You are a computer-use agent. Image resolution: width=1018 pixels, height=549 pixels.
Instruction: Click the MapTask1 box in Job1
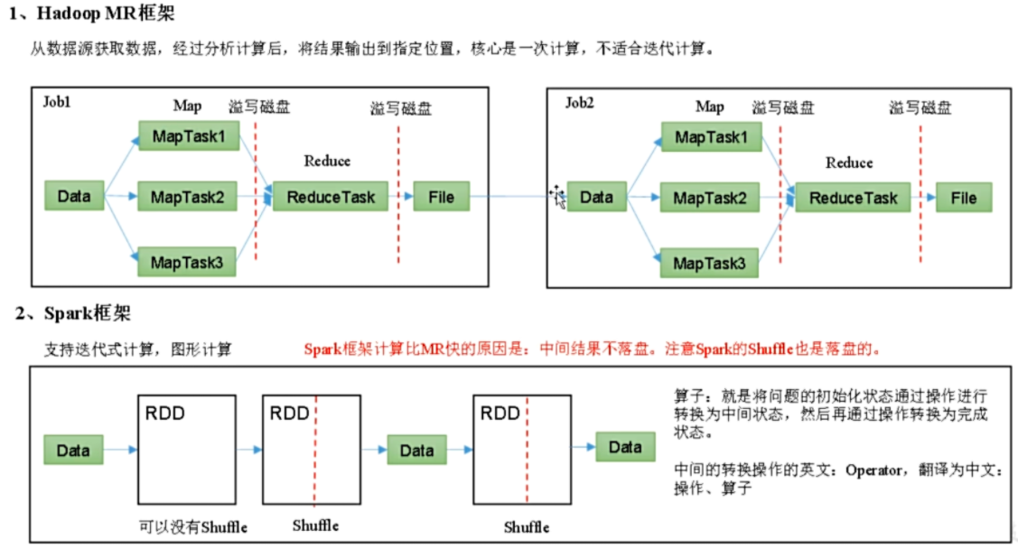tap(188, 135)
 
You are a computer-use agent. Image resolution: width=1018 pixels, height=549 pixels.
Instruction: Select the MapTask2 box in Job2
tap(710, 198)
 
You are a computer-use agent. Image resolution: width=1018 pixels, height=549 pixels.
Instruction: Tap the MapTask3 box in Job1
tap(188, 262)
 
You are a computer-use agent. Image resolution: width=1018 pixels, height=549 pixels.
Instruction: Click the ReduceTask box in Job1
tap(331, 196)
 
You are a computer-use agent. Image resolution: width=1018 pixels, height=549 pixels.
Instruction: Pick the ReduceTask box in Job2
tap(853, 198)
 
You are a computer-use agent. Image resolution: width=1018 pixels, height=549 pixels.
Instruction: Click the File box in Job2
tap(963, 198)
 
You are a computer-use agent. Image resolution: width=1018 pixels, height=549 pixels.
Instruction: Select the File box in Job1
tap(441, 196)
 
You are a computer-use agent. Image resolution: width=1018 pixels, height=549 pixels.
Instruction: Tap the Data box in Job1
tap(74, 196)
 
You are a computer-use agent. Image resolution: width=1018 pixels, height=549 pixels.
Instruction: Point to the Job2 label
tap(580, 102)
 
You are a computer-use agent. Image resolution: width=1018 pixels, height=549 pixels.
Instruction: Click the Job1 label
tap(56, 101)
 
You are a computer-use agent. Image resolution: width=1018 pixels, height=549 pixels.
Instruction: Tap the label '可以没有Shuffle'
tap(192, 526)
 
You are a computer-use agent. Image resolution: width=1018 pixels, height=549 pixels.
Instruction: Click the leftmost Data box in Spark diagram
tap(74, 449)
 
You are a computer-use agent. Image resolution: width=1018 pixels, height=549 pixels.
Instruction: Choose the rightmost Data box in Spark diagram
tap(625, 447)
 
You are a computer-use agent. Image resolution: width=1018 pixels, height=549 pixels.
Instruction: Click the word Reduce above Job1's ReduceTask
tap(327, 161)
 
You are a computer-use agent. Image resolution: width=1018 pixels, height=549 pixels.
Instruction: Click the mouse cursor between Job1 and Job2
tap(558, 197)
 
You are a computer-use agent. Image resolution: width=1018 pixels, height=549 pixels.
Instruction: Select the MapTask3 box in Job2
tap(710, 264)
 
